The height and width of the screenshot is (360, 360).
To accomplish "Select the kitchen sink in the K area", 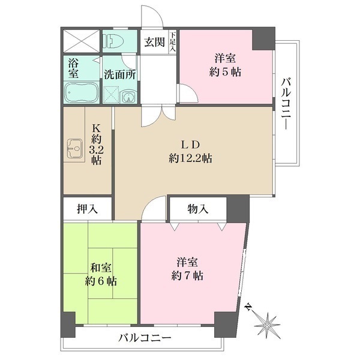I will (x=74, y=146).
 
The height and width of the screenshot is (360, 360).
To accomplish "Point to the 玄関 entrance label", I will (x=154, y=42).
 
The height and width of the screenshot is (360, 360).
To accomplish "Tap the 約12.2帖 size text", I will (x=190, y=158).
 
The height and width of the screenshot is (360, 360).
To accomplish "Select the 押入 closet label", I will (x=88, y=209).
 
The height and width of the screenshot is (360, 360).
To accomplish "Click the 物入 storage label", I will (x=197, y=209).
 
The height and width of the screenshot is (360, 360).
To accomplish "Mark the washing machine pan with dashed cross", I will (x=111, y=96).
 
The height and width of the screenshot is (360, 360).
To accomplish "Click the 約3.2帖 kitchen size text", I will (x=95, y=148).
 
